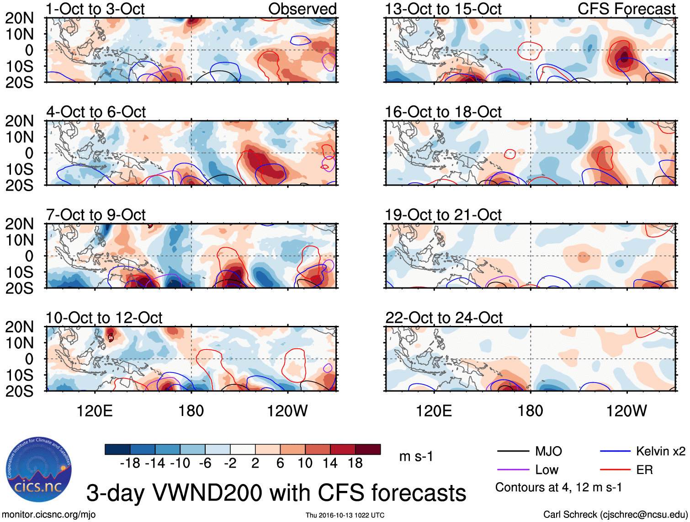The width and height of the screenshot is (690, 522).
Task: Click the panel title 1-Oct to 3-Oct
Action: (96, 9)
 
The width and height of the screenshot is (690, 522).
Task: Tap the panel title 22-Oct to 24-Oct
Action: (444, 318)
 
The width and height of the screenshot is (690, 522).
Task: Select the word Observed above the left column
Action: (302, 9)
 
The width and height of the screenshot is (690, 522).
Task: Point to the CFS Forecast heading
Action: (626, 9)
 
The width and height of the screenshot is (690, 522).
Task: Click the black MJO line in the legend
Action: (513, 452)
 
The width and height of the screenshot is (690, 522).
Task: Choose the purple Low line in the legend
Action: (513, 469)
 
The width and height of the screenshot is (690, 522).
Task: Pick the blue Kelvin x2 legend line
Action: (615, 452)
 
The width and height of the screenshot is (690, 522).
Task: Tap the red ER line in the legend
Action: (615, 469)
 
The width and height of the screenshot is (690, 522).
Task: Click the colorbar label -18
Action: (130, 463)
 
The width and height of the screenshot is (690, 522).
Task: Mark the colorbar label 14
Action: (330, 463)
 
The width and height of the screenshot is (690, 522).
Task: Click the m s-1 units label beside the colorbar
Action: (416, 456)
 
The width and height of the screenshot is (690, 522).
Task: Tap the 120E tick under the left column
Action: (95, 411)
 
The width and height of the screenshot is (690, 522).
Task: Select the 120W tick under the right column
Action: (626, 411)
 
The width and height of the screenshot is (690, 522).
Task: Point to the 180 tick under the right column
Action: (530, 411)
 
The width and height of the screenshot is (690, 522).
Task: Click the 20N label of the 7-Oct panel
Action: (19, 224)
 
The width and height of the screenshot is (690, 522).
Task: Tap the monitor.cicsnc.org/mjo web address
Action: (49, 514)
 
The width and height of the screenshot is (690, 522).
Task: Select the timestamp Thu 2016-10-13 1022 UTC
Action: (345, 515)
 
